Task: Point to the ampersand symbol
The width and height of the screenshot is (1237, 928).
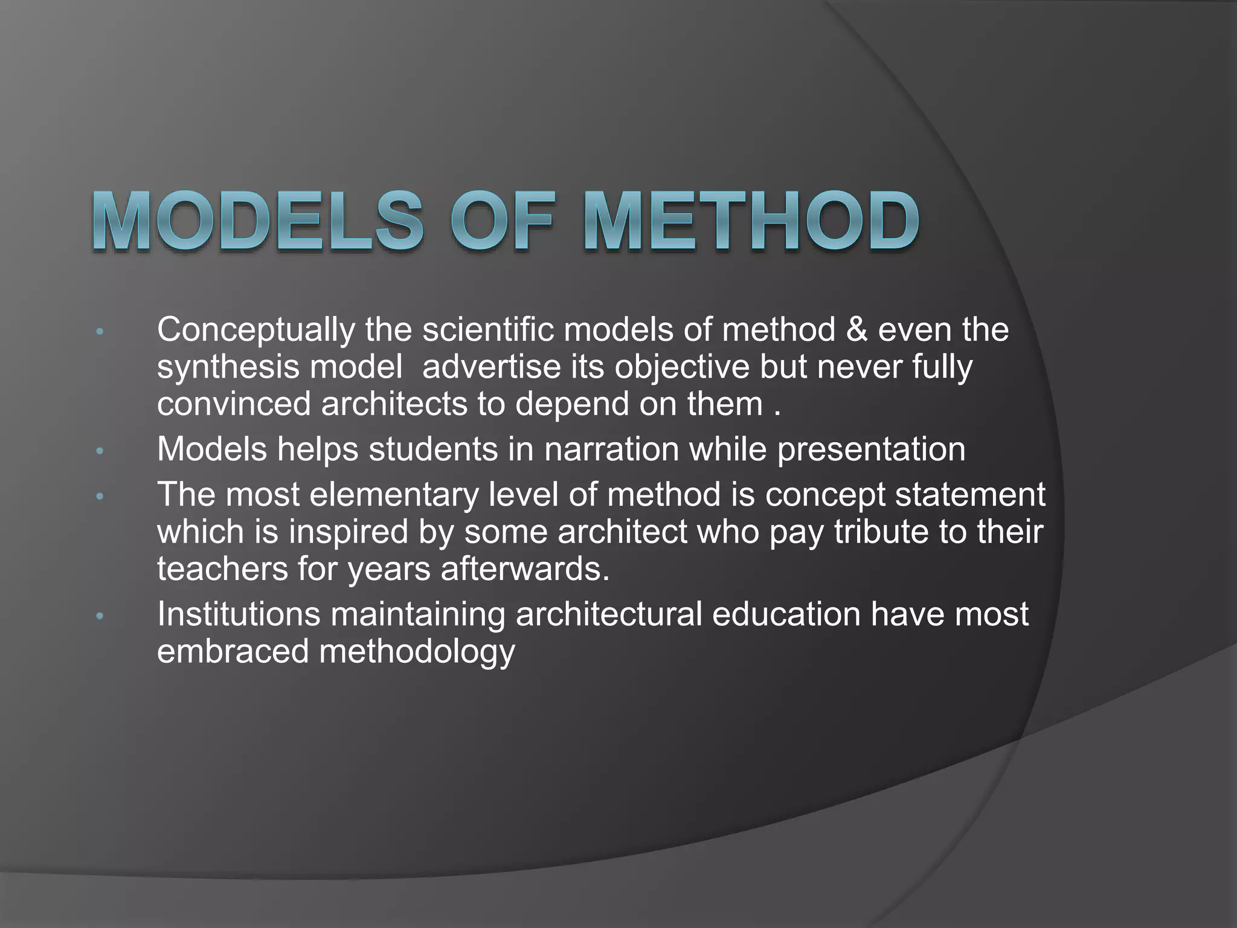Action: (x=856, y=330)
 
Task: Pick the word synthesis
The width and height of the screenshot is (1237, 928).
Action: (x=219, y=367)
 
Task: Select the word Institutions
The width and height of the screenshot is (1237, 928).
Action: (x=239, y=614)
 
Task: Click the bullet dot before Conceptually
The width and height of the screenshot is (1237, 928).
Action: (x=100, y=332)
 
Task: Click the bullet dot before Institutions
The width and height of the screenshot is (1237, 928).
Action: (x=100, y=616)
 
